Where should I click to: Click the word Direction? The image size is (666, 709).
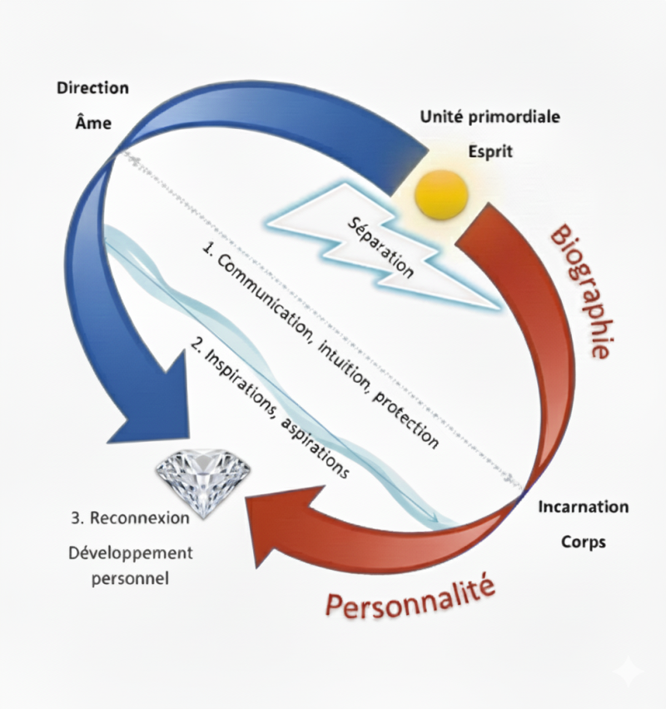(92, 87)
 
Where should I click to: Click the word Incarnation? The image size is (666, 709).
(584, 506)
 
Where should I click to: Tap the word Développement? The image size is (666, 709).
(131, 553)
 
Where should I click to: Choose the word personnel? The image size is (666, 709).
(131, 578)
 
